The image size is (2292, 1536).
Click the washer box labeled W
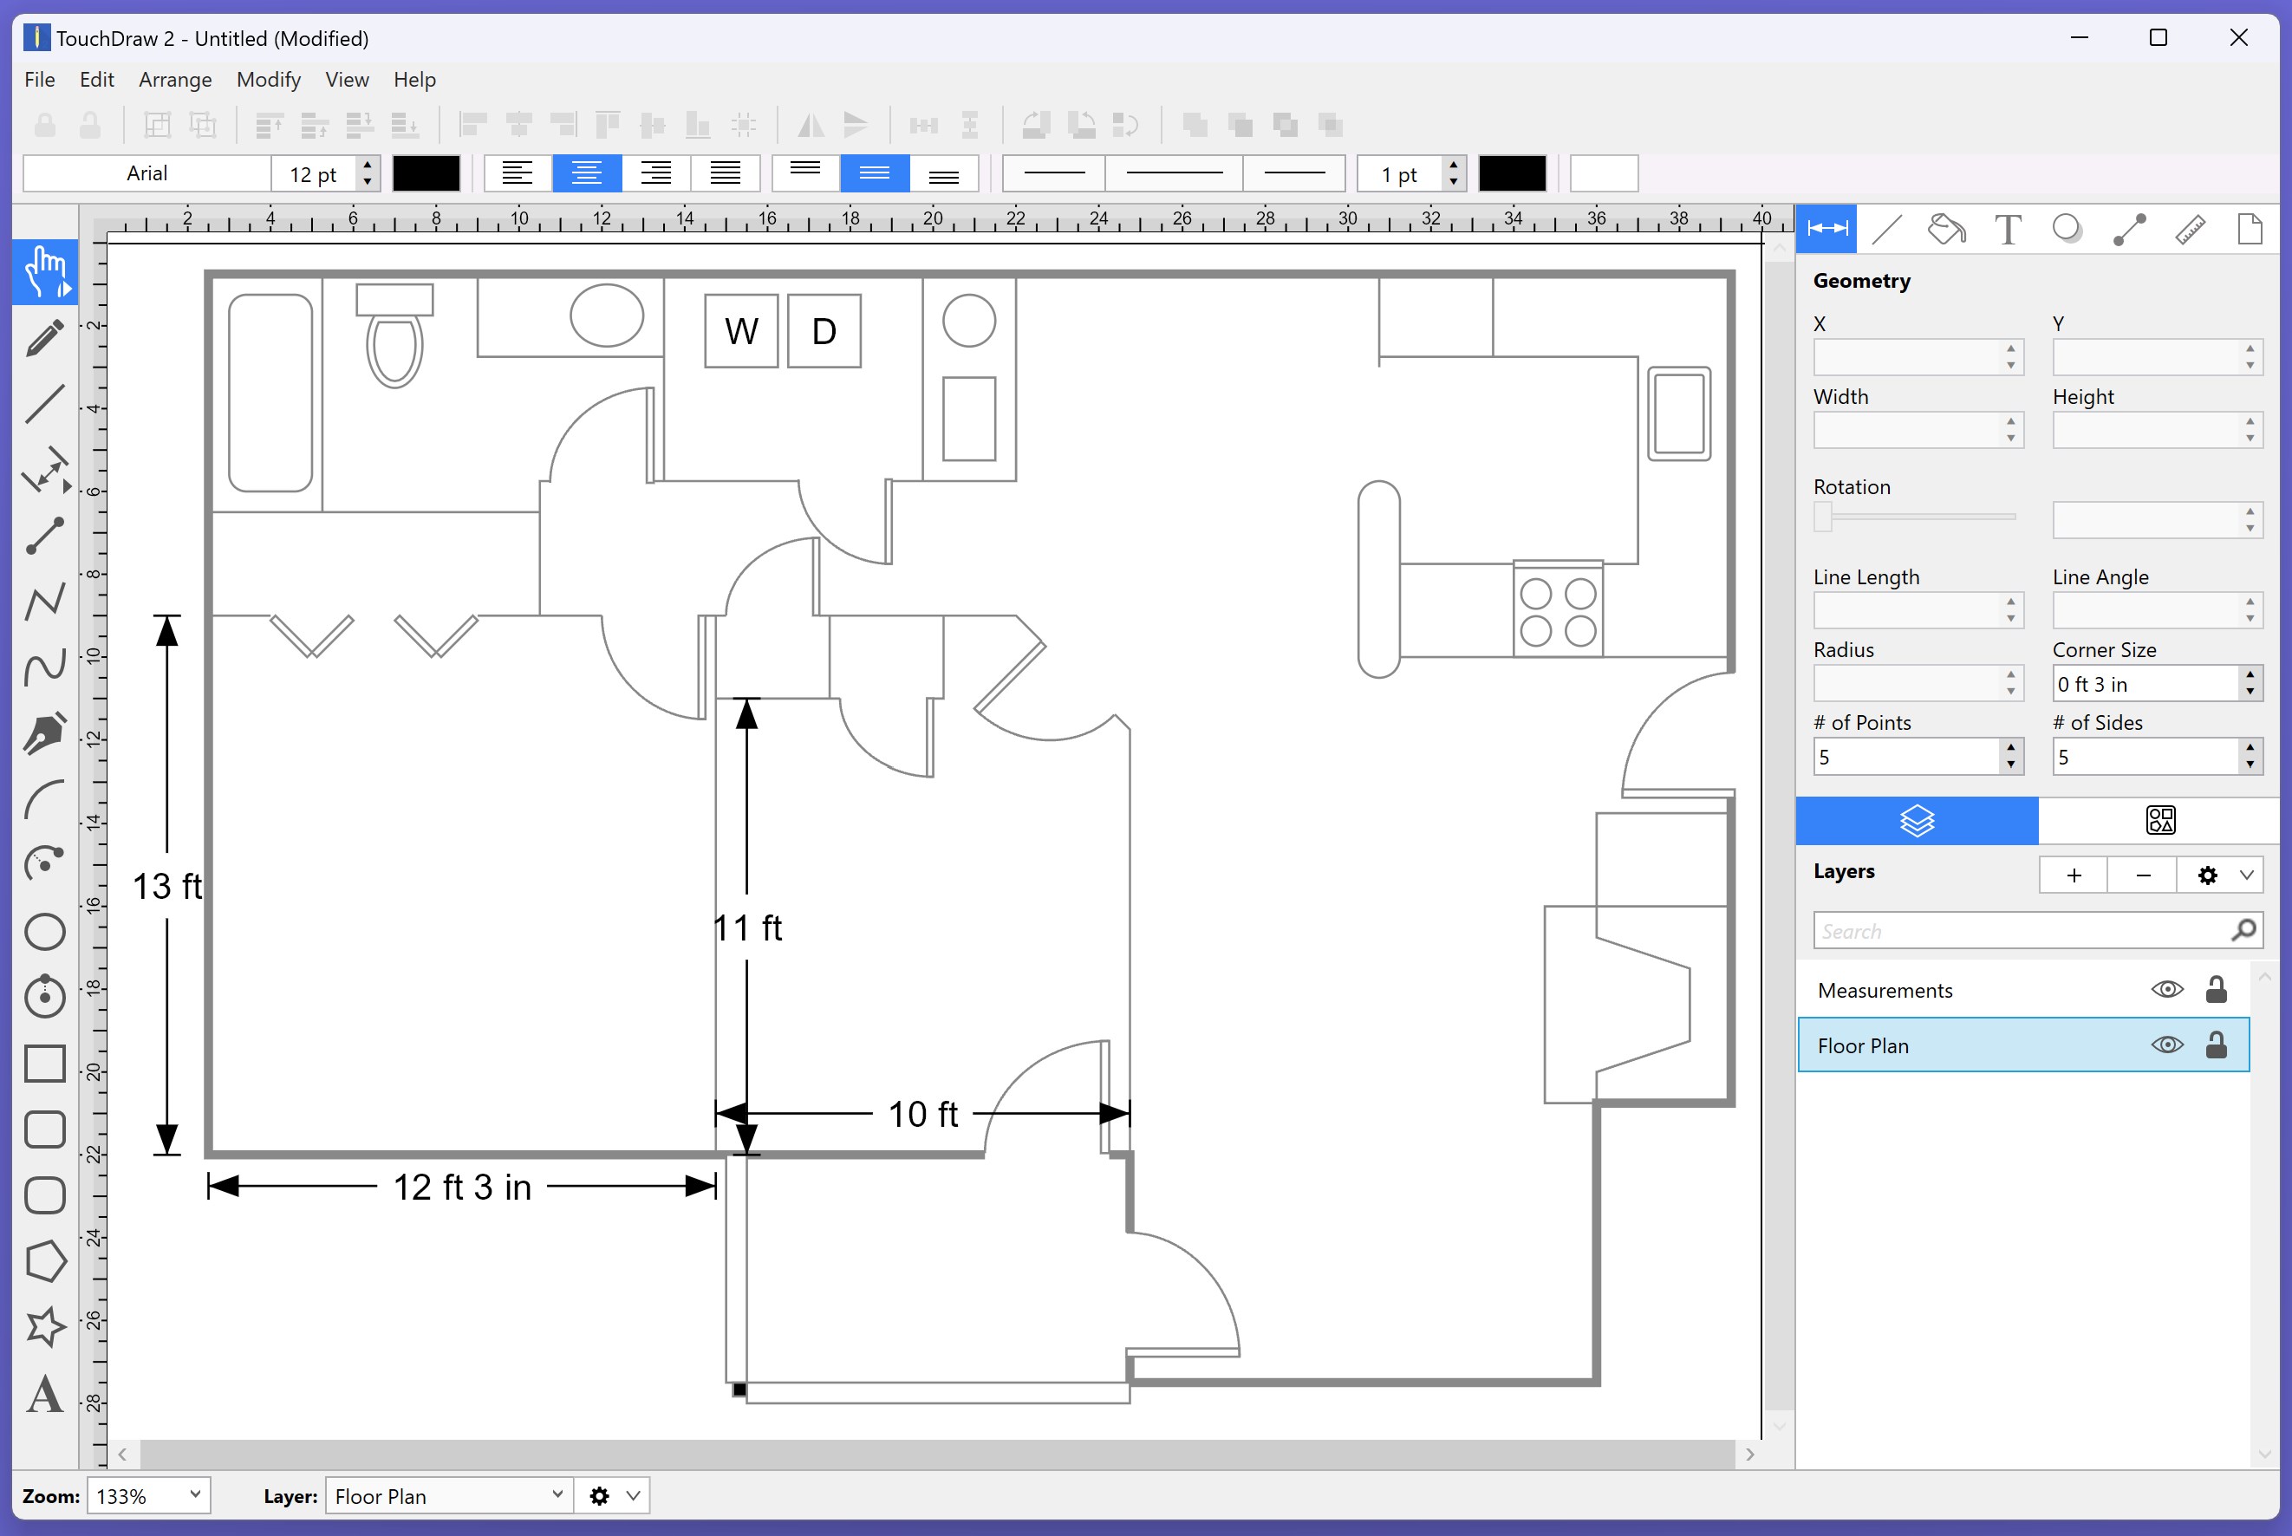click(741, 331)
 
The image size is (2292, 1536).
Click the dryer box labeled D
click(824, 331)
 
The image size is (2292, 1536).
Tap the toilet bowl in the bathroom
click(394, 348)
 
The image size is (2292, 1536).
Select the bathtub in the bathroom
click(270, 393)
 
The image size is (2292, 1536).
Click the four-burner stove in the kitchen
click(1558, 609)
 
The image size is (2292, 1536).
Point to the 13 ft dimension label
click(167, 887)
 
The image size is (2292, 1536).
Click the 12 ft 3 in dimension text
click(462, 1188)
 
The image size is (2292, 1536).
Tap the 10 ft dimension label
click(922, 1114)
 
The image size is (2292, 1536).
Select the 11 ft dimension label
click(748, 927)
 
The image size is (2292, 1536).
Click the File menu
click(39, 80)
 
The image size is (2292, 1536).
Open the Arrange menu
click(175, 80)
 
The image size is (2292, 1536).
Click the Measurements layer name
click(1885, 991)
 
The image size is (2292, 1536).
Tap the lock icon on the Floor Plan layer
click(2216, 1045)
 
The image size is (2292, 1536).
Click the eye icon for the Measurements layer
click(2166, 989)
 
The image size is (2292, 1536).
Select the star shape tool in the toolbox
click(45, 1326)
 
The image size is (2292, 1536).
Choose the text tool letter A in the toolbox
click(45, 1394)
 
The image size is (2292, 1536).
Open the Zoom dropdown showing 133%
click(149, 1496)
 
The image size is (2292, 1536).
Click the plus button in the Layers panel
click(2074, 875)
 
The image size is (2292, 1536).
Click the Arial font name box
click(147, 173)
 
